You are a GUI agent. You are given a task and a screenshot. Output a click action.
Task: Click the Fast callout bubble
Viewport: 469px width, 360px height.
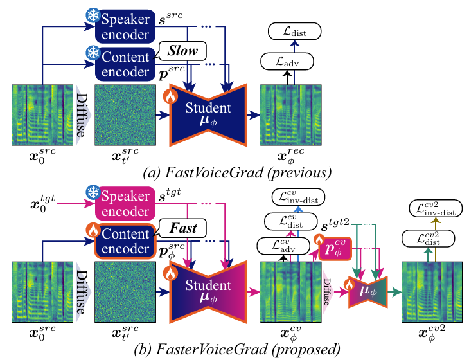point(183,227)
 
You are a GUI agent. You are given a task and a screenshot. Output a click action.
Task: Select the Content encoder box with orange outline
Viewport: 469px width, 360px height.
point(126,236)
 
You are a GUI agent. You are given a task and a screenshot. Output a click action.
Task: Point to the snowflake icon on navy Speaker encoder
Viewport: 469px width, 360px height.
point(92,15)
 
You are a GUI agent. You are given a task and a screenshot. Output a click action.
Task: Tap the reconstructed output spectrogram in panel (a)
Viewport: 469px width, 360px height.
point(291,114)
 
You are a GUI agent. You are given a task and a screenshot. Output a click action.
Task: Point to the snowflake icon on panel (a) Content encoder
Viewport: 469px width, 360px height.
point(92,51)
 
